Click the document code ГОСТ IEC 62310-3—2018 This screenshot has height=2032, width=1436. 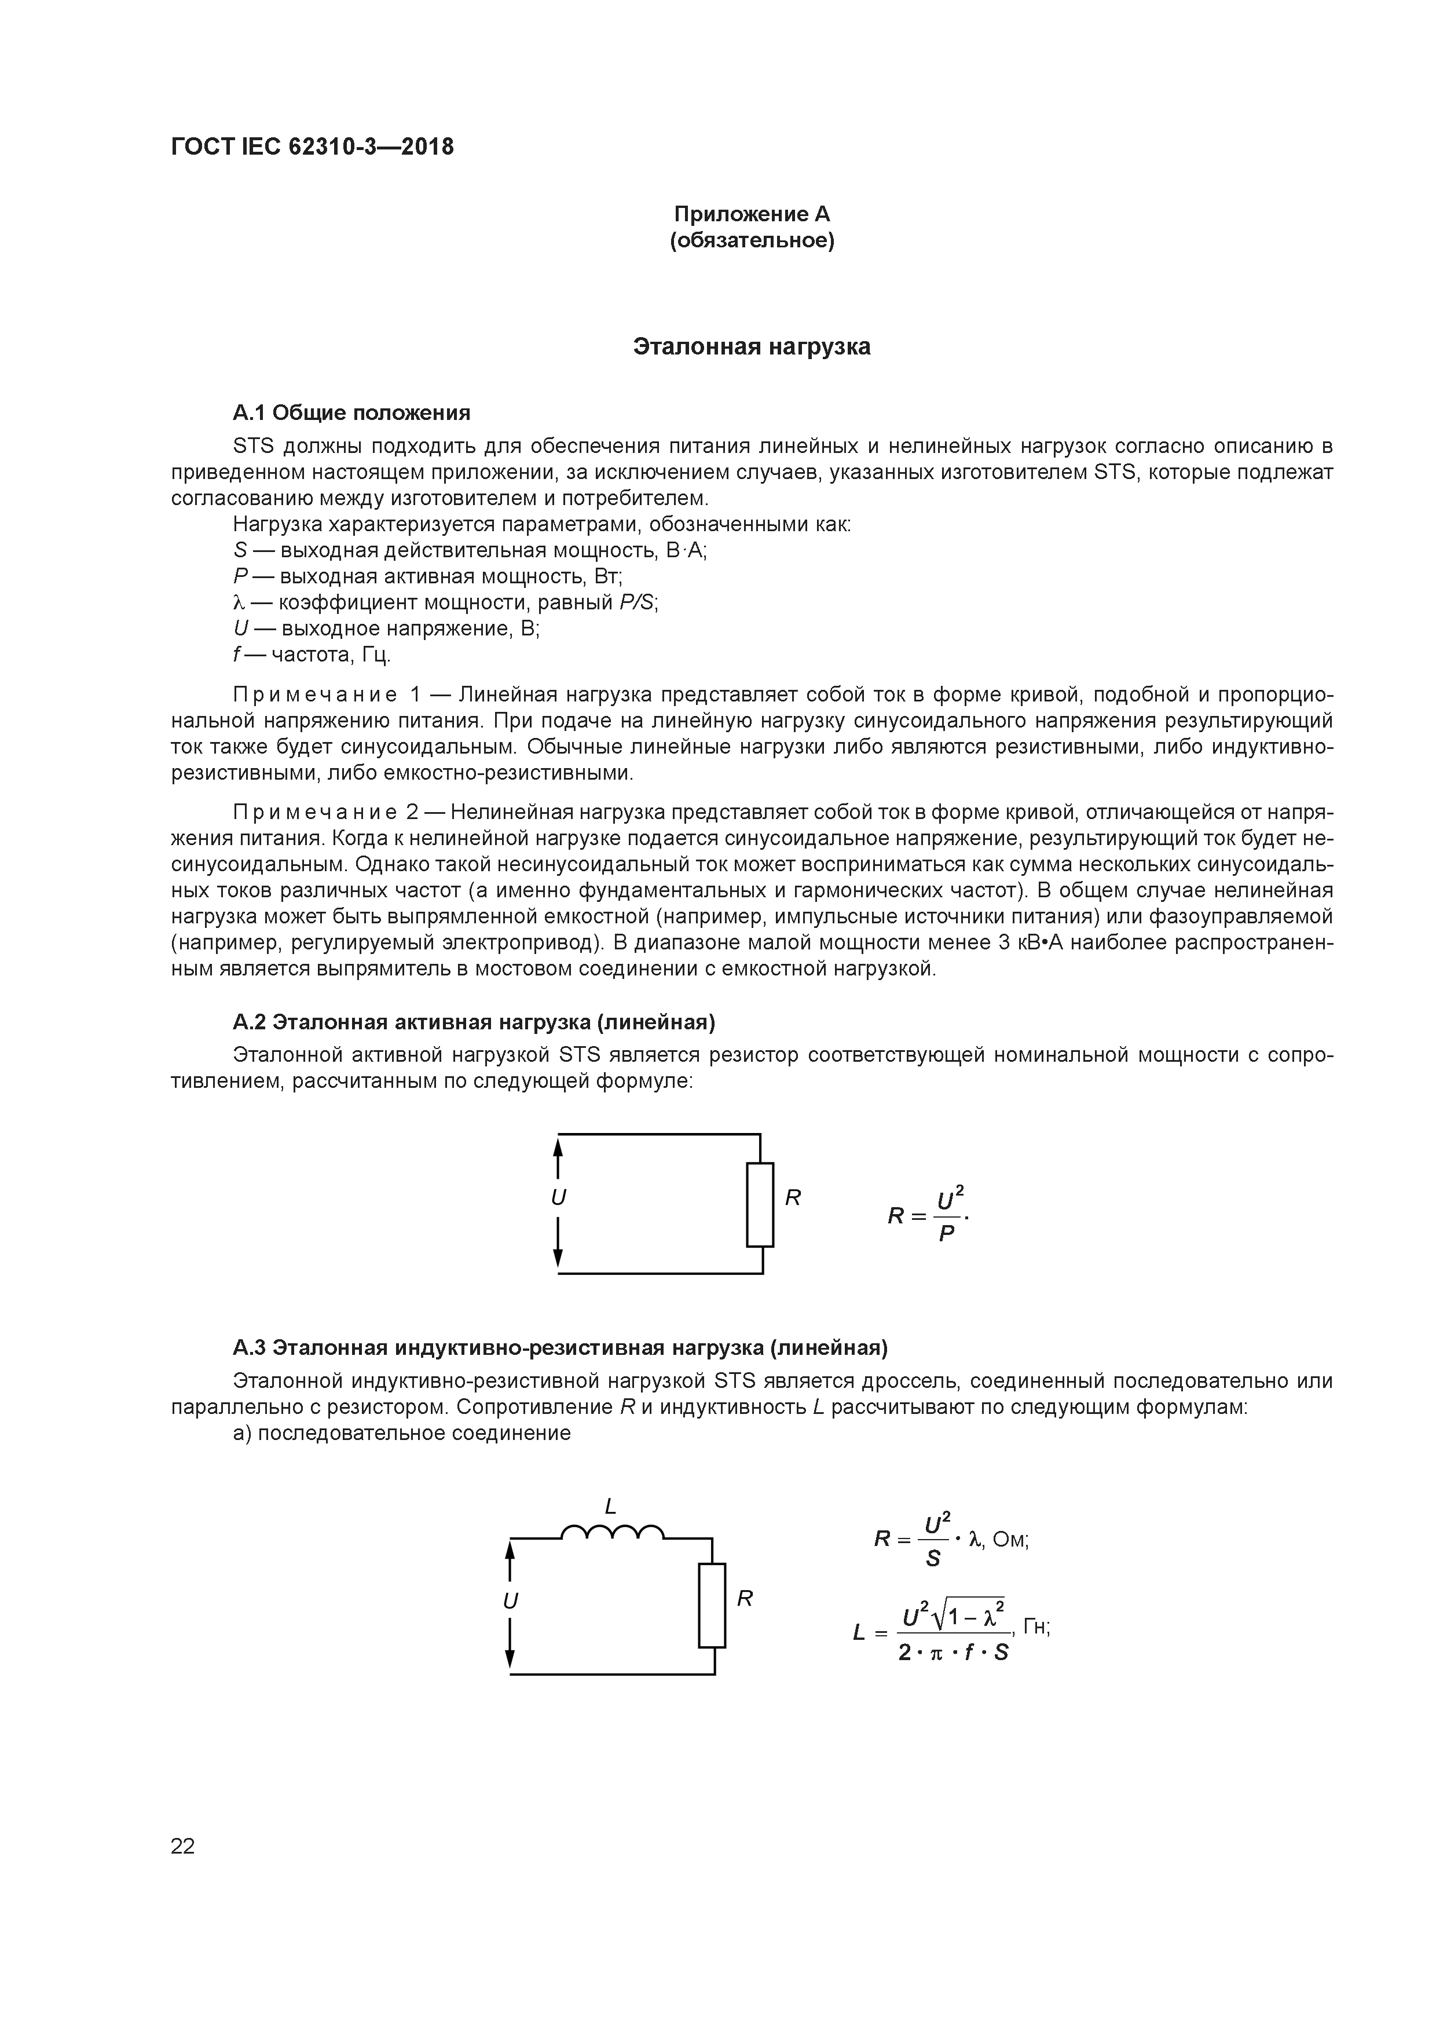point(312,147)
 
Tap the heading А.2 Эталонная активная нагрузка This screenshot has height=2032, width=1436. point(473,1022)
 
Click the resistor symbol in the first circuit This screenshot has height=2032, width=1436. point(760,1204)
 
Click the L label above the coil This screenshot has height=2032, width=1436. point(610,1505)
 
